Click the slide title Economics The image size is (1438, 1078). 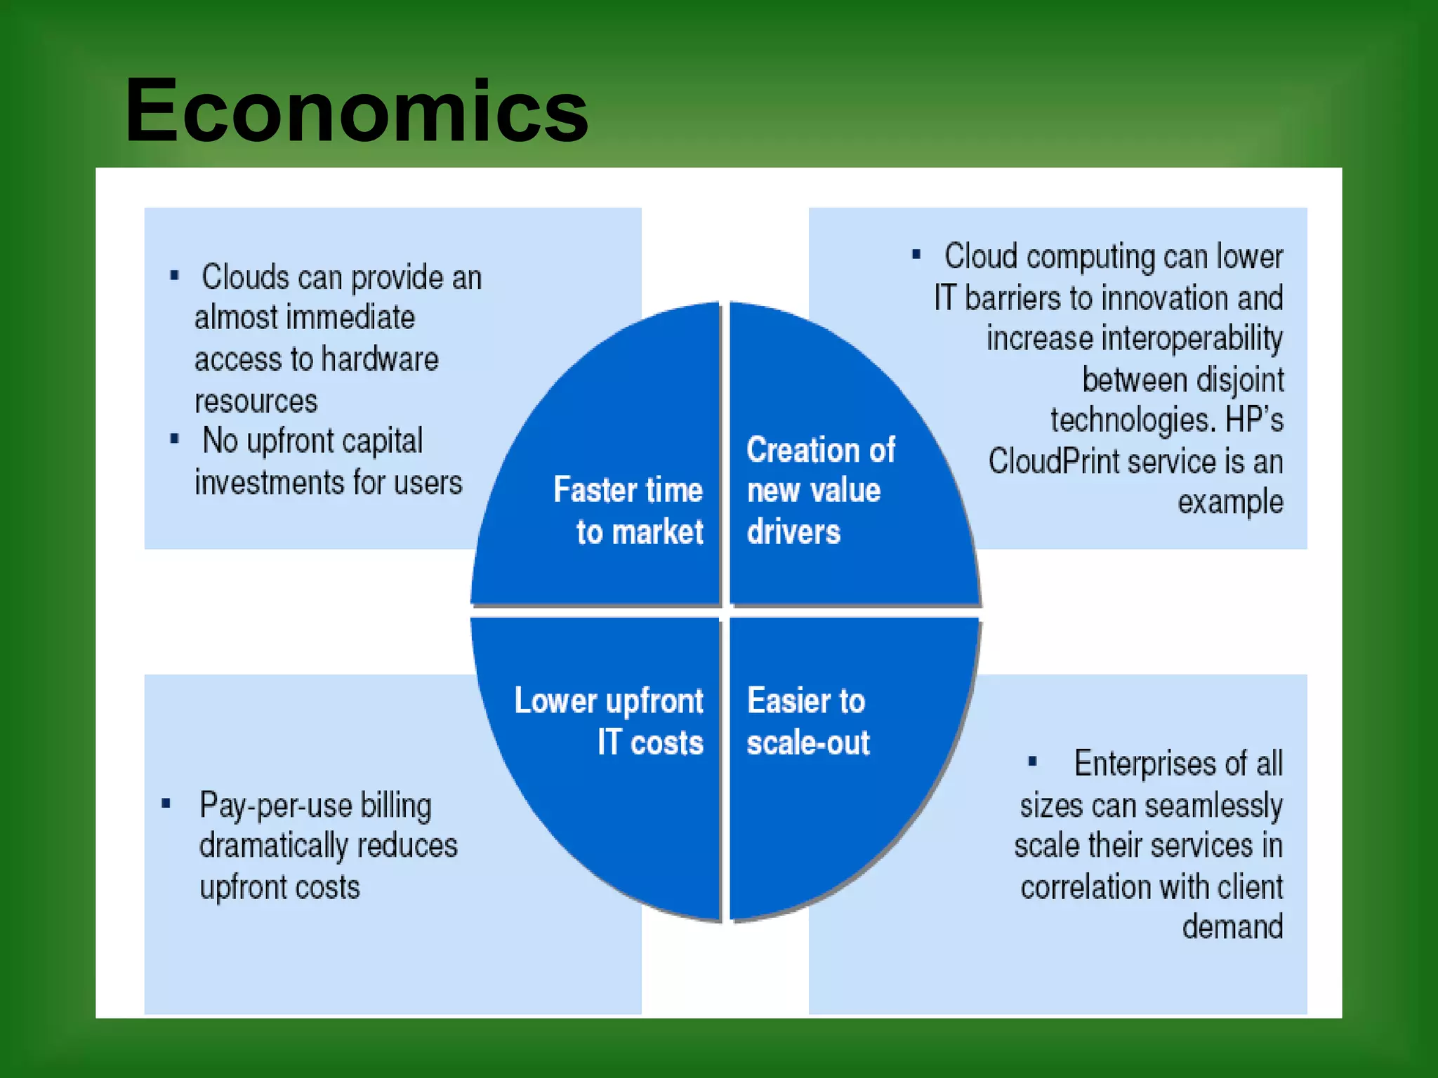[x=357, y=111]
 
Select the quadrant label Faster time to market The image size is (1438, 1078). [x=629, y=510]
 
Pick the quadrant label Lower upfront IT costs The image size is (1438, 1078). [x=609, y=721]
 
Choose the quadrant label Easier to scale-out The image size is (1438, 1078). [x=807, y=721]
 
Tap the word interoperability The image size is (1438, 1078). [x=1134, y=339]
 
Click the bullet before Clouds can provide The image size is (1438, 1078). [x=174, y=275]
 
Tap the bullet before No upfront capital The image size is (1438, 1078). [x=174, y=439]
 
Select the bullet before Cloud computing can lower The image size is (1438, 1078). [x=916, y=254]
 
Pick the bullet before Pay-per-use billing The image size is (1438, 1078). [x=166, y=804]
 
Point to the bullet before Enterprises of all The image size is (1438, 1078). [x=1032, y=761]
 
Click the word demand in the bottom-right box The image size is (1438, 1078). [x=1232, y=927]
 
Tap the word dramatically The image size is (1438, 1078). [x=273, y=846]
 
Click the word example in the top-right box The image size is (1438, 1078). [x=1230, y=503]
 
